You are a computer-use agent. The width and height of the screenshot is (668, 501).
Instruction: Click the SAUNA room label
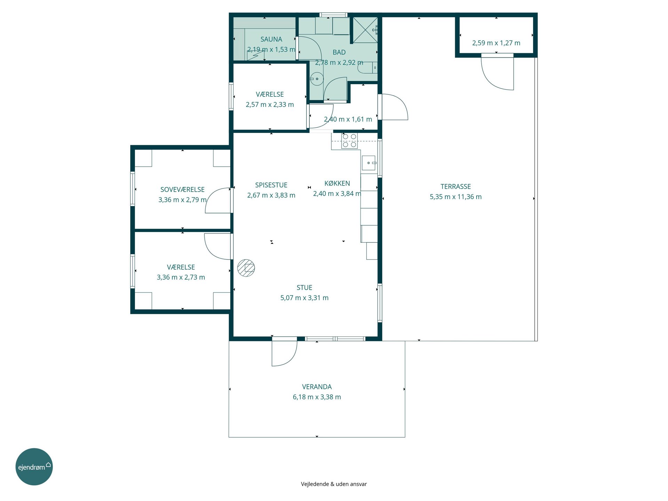pos(271,39)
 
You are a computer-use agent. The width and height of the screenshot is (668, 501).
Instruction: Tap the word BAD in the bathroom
pos(339,52)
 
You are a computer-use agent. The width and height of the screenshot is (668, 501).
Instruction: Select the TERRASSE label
pos(456,186)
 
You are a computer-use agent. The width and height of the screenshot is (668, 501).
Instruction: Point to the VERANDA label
pos(317,387)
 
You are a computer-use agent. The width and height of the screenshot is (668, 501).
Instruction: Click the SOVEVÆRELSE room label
pos(182,190)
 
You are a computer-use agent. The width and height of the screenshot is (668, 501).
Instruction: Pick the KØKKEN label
pos(337,183)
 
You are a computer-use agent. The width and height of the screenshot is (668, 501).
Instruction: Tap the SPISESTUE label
pos(271,185)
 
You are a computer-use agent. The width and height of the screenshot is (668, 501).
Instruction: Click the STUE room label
pos(304,288)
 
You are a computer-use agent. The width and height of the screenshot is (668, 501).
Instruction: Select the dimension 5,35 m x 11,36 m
pos(456,197)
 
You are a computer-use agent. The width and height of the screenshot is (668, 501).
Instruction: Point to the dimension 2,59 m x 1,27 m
pos(496,43)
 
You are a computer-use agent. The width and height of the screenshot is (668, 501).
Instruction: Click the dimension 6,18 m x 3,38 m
pos(317,397)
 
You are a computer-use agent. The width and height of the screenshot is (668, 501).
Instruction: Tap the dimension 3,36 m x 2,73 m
pos(181,277)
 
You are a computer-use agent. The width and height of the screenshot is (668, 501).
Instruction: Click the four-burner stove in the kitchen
pos(349,141)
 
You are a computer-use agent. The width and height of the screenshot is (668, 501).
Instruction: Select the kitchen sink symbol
pos(369,163)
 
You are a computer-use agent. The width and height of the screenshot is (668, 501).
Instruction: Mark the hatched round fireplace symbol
pos(246,268)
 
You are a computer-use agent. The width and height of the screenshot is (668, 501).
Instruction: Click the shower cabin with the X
pos(365,30)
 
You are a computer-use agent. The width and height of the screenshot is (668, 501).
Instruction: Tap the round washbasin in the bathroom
pos(317,79)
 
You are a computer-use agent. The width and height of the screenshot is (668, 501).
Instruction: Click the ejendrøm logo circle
pos(34,467)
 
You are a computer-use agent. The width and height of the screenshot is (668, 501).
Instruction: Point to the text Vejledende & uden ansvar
pos(334,484)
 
